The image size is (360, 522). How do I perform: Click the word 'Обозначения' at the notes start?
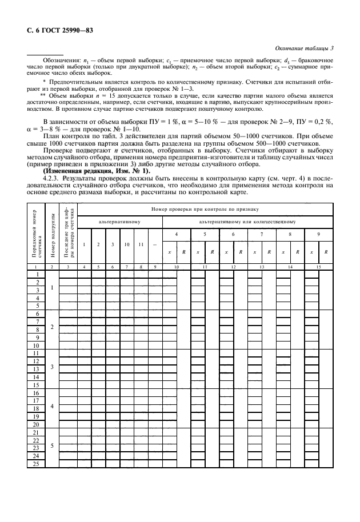[59, 61]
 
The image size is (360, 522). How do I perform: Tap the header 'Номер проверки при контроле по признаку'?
[204, 210]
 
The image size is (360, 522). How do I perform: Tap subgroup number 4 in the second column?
[52, 405]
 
